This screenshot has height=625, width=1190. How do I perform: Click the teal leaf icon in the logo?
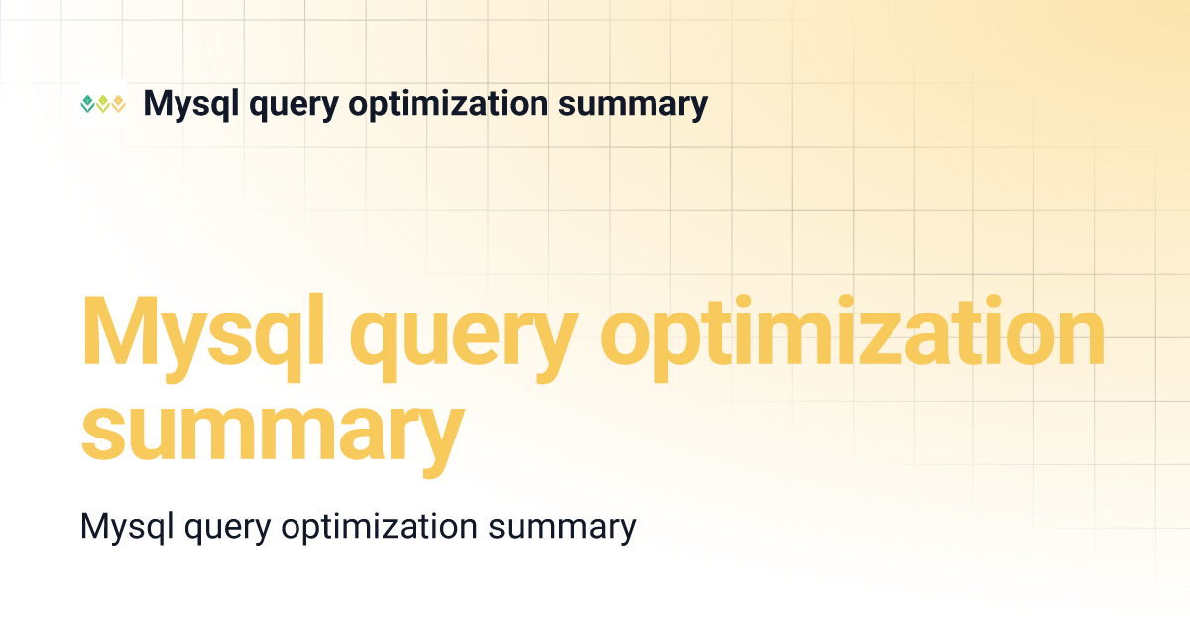click(x=87, y=104)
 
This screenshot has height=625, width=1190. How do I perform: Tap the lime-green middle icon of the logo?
click(x=102, y=104)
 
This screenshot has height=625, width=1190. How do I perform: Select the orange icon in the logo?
click(x=118, y=104)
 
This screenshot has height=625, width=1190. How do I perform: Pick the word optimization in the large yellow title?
click(x=853, y=333)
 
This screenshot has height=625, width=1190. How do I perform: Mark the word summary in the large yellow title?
click(x=273, y=432)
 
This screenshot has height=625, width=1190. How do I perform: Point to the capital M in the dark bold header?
click(x=158, y=103)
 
